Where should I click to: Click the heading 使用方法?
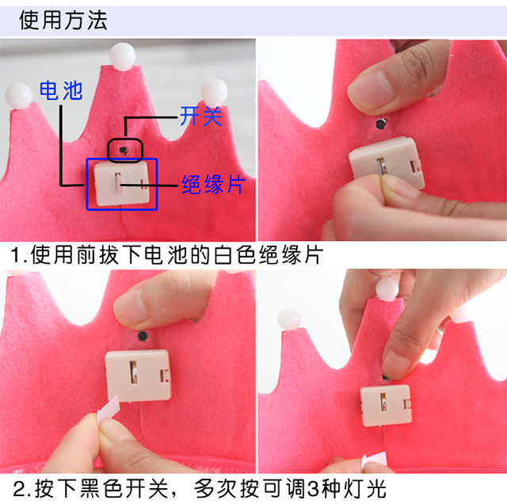coord(63,20)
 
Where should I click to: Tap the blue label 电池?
coord(61,90)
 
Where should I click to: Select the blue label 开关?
coord(201,116)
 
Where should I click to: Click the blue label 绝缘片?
coord(213,185)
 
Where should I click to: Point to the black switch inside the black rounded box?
coord(124,150)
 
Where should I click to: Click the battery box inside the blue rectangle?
coord(122,184)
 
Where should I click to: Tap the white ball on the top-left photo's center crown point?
coord(122,56)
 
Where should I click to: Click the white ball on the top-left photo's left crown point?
coord(19,97)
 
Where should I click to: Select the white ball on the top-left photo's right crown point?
coord(214,92)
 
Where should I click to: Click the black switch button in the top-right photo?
coord(382,124)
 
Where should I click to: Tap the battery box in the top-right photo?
coord(387,162)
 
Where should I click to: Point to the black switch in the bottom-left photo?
coord(143,336)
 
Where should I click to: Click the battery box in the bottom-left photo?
coord(138,376)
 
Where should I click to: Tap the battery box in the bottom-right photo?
coord(386,405)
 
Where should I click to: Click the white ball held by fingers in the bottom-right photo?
coord(387,289)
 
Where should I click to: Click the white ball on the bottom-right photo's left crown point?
coord(289,319)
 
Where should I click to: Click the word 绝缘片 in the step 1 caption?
coord(291,255)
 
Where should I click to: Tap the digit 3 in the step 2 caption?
coord(314,489)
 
